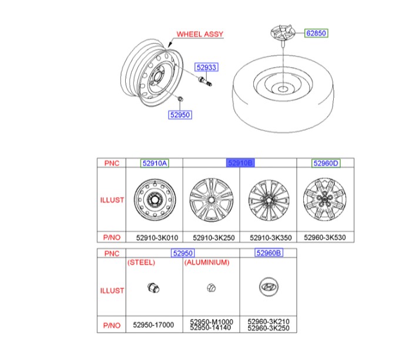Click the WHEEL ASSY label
click(200, 34)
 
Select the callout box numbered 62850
click(316, 33)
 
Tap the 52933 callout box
click(206, 67)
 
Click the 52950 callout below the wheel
click(180, 115)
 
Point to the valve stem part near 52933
click(205, 81)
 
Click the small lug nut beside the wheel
click(180, 99)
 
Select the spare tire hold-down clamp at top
click(283, 34)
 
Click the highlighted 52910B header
click(240, 163)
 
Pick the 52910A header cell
click(155, 163)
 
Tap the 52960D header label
click(326, 163)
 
